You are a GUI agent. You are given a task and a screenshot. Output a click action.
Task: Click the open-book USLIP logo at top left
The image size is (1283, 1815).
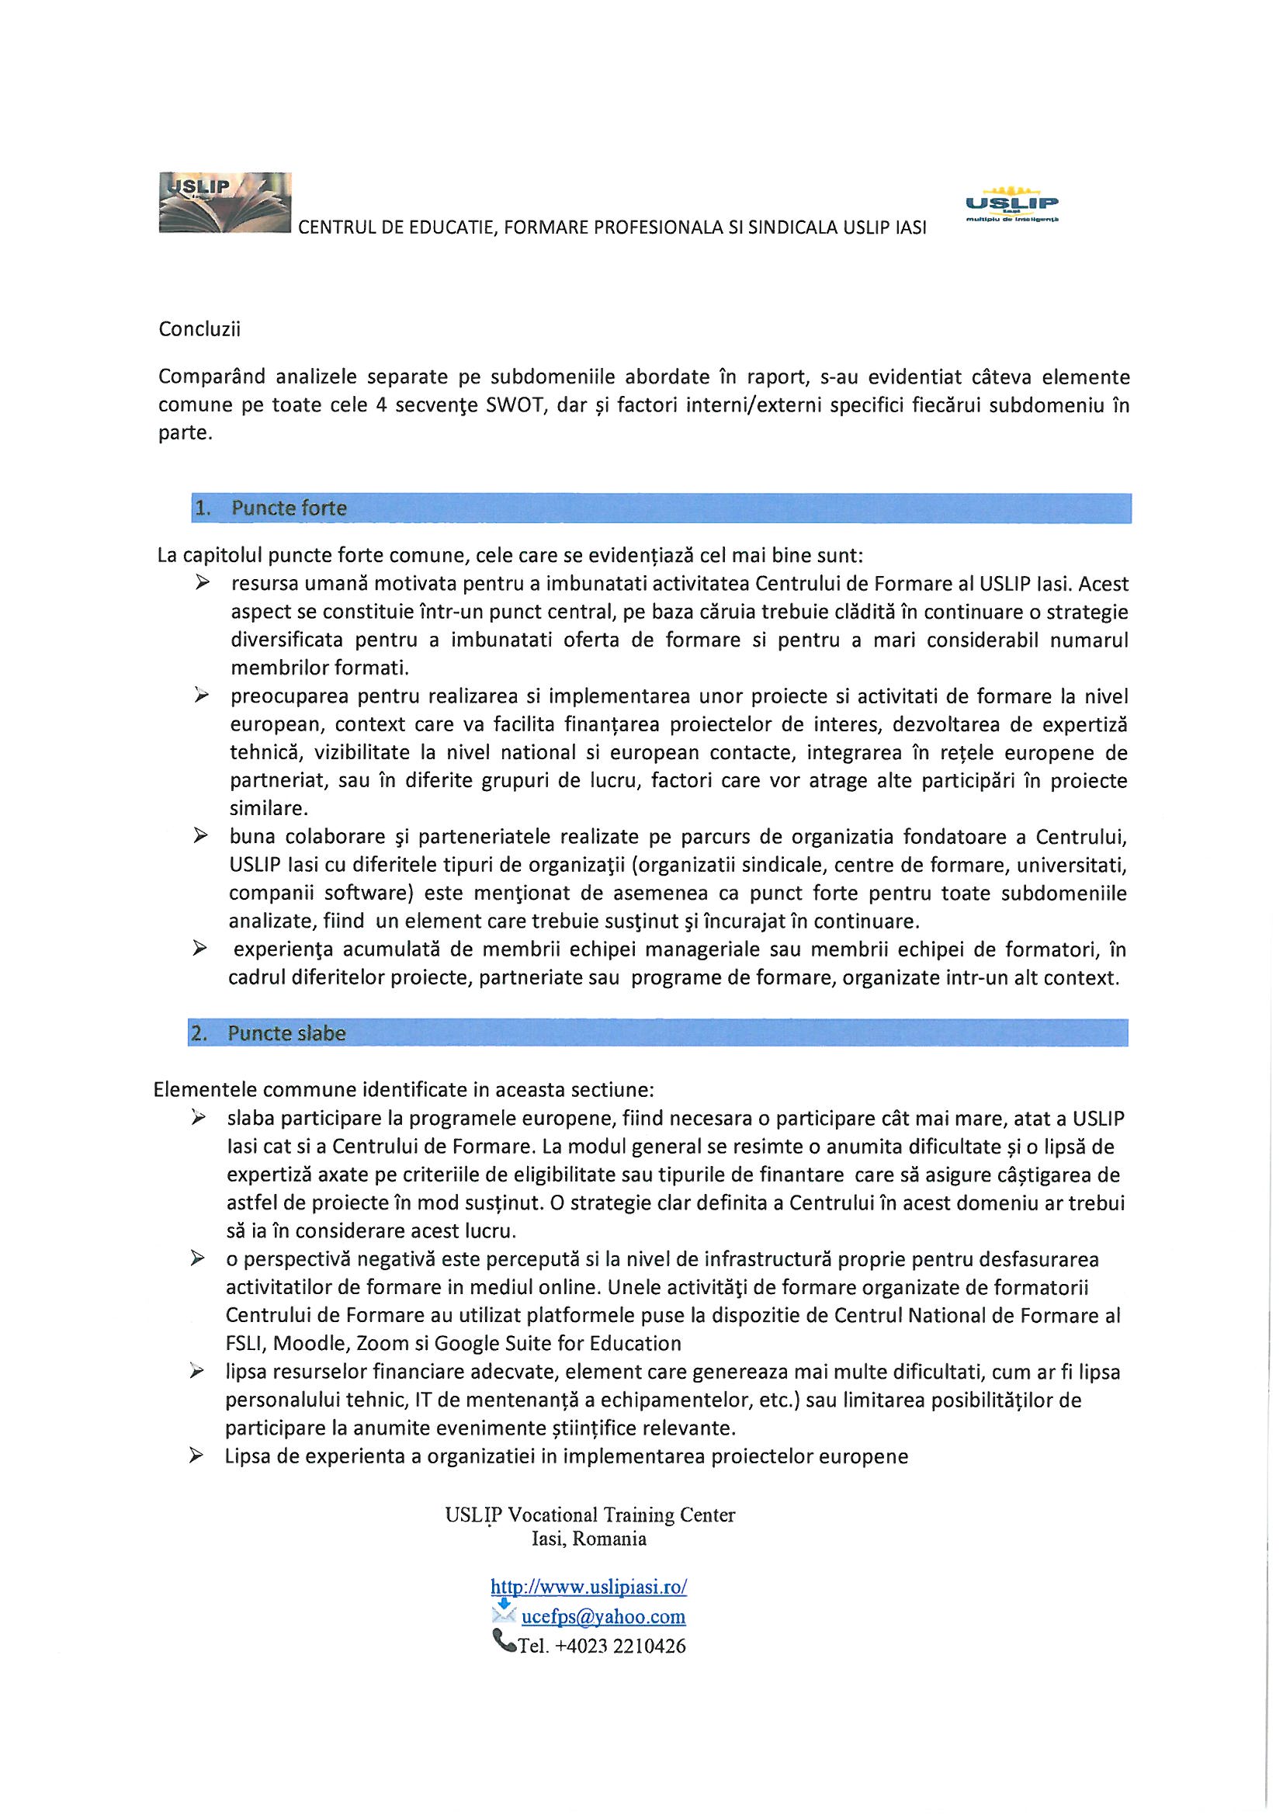(x=225, y=203)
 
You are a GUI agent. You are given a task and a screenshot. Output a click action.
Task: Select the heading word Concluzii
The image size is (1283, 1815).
(x=199, y=330)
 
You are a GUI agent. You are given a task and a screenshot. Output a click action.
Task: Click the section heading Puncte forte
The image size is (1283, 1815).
(x=289, y=508)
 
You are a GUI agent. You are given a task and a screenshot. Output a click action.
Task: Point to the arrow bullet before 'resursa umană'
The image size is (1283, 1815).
(x=203, y=585)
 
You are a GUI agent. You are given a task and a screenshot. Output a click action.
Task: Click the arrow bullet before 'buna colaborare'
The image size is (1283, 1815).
(x=202, y=835)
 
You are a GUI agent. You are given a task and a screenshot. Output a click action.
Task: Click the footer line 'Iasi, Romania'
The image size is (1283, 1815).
(x=589, y=1539)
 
